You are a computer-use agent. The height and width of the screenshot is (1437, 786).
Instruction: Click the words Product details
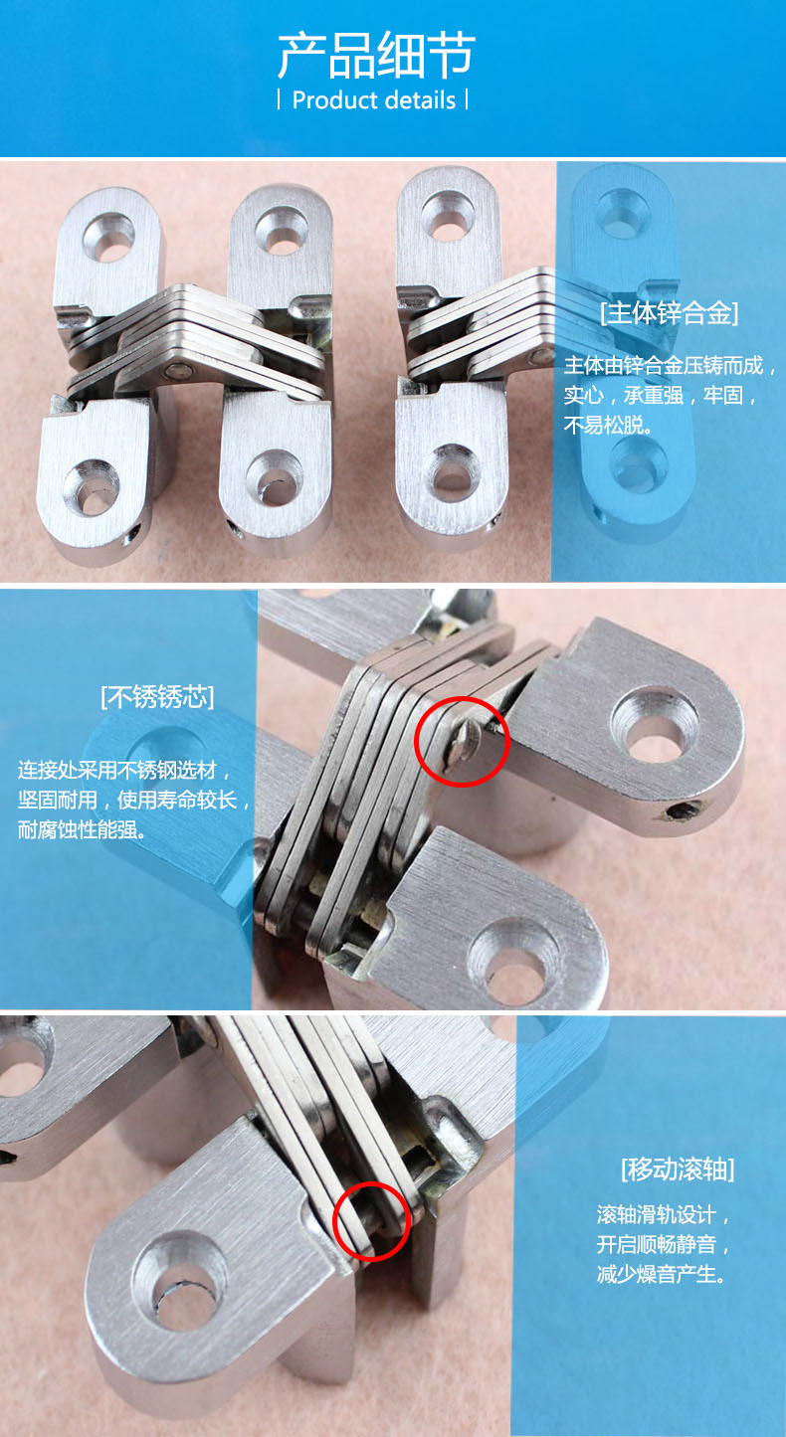click(x=374, y=100)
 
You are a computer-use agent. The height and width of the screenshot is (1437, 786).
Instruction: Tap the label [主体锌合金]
click(x=669, y=314)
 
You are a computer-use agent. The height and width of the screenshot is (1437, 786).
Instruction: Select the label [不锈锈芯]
click(x=157, y=696)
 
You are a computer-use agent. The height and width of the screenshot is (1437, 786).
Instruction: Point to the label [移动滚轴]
click(x=677, y=1168)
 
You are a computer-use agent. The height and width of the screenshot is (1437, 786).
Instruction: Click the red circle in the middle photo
click(x=462, y=741)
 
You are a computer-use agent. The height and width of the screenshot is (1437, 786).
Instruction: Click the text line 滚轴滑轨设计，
click(x=663, y=1214)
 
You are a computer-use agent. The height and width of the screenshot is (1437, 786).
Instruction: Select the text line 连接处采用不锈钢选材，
click(x=130, y=770)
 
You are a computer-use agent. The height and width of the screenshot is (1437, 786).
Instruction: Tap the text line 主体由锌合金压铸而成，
click(x=669, y=365)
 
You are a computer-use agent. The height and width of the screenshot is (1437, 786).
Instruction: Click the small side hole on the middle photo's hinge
click(x=680, y=814)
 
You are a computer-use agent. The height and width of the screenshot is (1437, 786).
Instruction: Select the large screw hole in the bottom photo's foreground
click(x=182, y=1268)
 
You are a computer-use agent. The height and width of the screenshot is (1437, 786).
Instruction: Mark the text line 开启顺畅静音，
click(x=663, y=1244)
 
